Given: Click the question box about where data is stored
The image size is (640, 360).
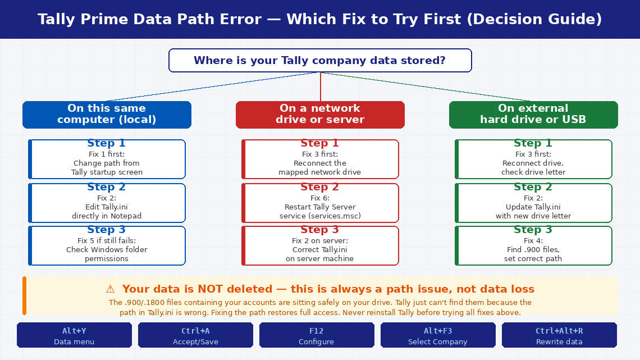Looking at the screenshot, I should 320,61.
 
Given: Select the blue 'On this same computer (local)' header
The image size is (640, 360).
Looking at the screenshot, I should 107,115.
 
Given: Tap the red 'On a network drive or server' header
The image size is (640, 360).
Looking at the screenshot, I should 320,115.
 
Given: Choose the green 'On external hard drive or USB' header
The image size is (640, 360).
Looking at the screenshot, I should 533,115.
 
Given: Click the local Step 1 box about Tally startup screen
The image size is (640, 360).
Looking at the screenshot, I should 107,160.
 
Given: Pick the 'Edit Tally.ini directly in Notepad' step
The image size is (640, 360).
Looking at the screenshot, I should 107,203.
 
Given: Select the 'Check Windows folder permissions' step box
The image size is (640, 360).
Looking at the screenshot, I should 107,245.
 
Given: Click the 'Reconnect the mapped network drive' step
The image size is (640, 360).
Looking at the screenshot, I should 320,160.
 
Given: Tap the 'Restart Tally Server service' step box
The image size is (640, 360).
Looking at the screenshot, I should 320,203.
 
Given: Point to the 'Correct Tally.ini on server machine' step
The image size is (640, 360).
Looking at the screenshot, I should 320,245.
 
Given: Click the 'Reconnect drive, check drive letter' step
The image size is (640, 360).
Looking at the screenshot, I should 533,160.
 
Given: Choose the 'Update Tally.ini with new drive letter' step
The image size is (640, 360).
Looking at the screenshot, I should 533,203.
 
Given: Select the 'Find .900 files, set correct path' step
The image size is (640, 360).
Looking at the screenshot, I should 533,245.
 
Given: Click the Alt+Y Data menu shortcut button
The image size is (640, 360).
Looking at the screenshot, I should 74,335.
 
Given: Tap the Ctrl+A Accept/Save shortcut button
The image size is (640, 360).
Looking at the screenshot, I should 195,335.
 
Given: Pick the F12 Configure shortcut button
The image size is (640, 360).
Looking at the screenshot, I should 317,335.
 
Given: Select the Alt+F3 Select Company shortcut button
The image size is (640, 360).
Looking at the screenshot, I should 438,335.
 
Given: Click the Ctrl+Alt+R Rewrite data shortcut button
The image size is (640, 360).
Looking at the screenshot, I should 559,335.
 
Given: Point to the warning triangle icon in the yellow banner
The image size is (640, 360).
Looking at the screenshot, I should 110,289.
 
